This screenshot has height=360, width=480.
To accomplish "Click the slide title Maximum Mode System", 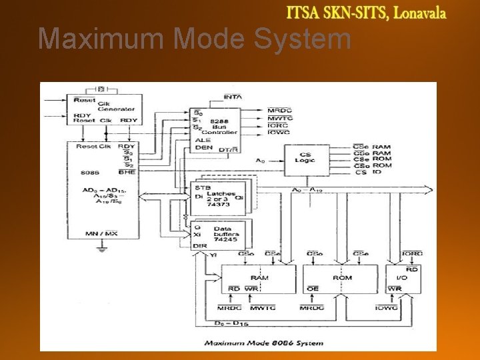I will [x=194, y=39].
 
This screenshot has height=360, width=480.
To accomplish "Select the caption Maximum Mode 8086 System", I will [x=263, y=343].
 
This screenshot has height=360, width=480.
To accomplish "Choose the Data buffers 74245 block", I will [x=218, y=235].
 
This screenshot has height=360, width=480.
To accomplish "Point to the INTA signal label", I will [x=233, y=97].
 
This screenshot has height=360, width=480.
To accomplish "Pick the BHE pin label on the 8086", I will [x=128, y=172].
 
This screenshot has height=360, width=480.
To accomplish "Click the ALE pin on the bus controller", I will [x=203, y=141].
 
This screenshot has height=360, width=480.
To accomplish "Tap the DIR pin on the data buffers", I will [x=201, y=246].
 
